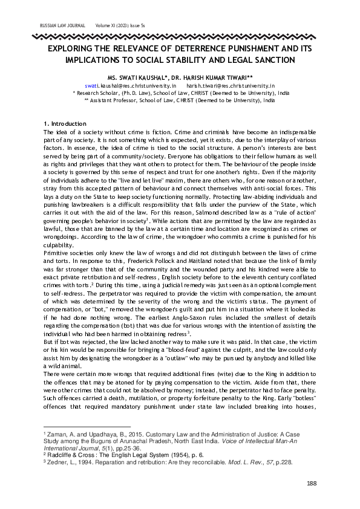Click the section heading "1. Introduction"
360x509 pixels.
[63, 124]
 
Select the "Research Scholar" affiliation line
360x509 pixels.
[180, 94]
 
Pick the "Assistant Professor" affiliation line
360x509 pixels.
[180, 101]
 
